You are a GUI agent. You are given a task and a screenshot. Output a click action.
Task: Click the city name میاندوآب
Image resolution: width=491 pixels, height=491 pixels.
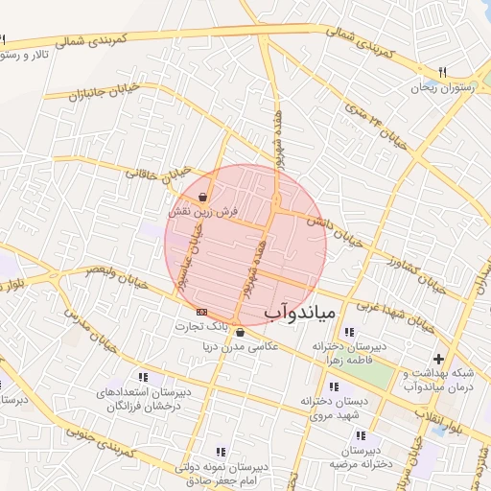point(299,312)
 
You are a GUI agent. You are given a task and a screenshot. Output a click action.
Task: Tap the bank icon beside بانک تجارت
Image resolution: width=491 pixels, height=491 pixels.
point(200,313)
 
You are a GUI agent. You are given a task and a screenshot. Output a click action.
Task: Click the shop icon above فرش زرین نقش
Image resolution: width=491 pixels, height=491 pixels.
point(201,197)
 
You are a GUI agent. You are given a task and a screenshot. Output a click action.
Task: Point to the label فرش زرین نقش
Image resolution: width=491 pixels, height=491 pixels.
point(201,210)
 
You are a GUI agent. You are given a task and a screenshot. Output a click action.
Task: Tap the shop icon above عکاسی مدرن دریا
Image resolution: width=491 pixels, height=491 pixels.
point(240,333)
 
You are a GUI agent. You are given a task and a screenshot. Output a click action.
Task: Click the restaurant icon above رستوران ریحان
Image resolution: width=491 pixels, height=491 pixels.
point(442,73)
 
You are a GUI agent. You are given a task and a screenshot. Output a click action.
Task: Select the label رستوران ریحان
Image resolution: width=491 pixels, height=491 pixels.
point(440,88)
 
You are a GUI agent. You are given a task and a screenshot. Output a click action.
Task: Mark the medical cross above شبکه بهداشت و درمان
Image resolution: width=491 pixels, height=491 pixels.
point(438,358)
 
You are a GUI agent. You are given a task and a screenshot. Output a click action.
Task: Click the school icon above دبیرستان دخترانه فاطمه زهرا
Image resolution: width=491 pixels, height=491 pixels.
point(346,332)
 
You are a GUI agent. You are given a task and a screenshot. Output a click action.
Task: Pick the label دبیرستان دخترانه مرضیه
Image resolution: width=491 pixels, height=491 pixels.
point(358,456)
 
